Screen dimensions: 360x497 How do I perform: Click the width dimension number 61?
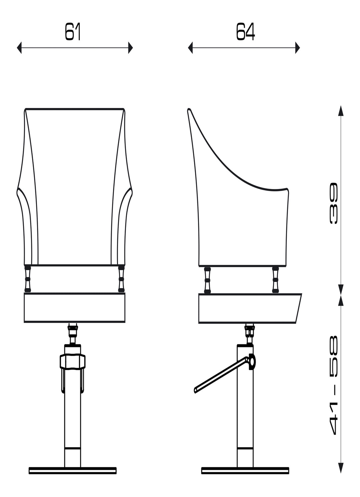pyautogui.click(x=73, y=32)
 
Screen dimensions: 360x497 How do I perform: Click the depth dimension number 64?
pyautogui.click(x=245, y=32)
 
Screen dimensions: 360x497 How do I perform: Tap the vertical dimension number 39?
pyautogui.click(x=334, y=203)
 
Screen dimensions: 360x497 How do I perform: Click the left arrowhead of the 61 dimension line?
pyautogui.click(x=19, y=47)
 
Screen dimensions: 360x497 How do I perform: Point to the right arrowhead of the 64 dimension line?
pyautogui.click(x=297, y=47)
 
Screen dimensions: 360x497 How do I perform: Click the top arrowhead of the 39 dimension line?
pyautogui.click(x=341, y=110)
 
